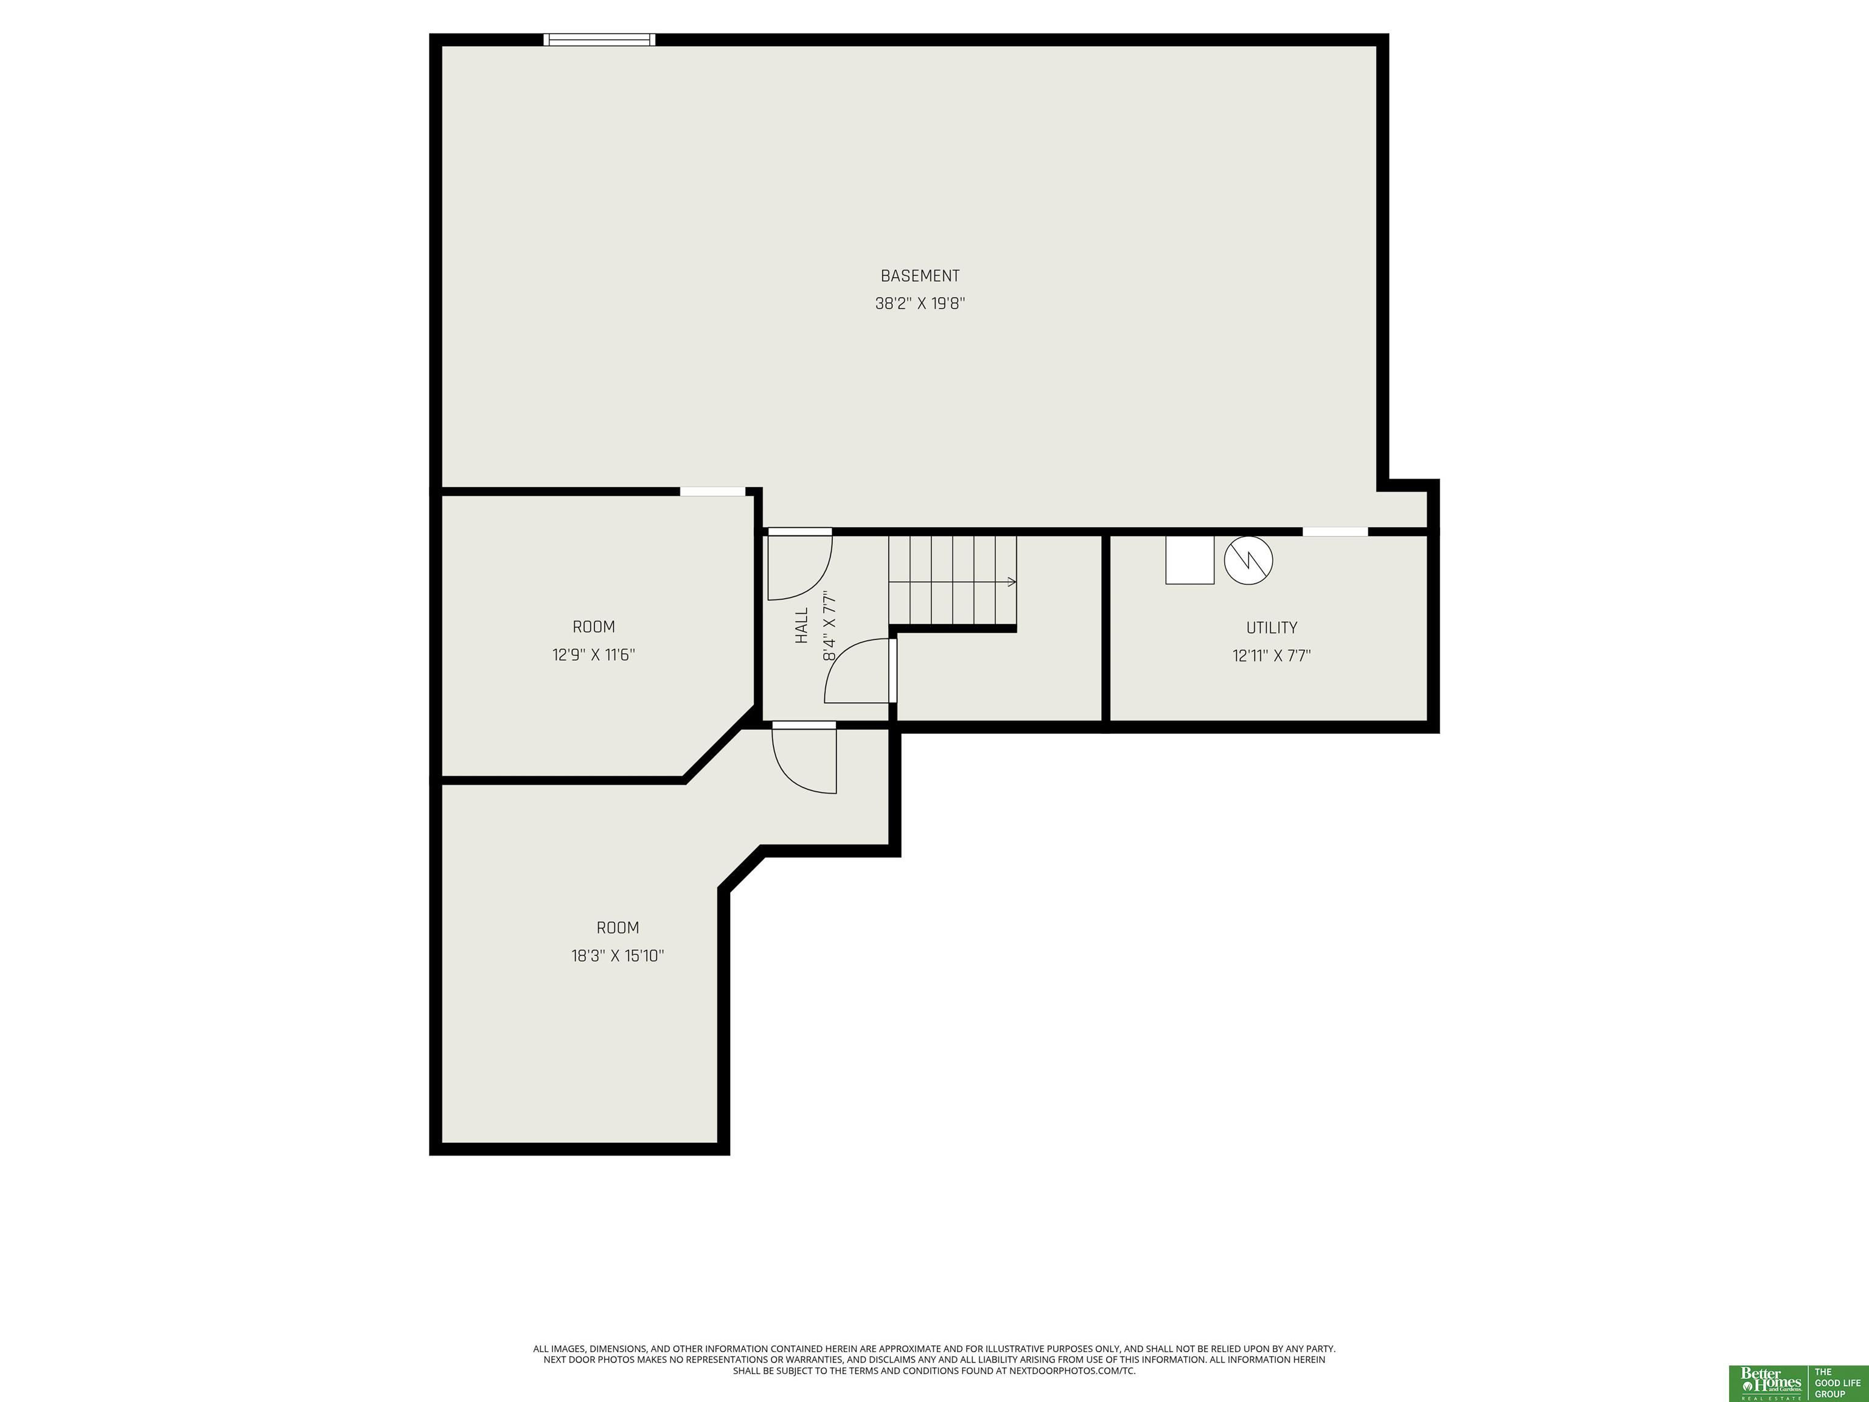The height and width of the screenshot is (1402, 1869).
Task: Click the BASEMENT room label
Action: click(x=920, y=276)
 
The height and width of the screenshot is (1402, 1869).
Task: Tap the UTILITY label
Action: click(x=1272, y=628)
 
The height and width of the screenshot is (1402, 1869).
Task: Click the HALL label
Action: click(x=802, y=626)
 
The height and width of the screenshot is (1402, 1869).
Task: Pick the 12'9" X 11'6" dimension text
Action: click(x=594, y=655)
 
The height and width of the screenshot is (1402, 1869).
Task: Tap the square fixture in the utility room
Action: click(x=1189, y=559)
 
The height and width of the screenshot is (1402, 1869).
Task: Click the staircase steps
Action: click(x=952, y=581)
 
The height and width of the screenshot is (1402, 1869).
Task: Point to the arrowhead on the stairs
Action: click(x=1012, y=581)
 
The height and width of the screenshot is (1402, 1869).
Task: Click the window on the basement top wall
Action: click(x=599, y=40)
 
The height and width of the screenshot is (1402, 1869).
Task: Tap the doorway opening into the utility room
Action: click(x=1335, y=532)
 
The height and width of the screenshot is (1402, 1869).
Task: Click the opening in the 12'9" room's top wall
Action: click(x=713, y=491)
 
